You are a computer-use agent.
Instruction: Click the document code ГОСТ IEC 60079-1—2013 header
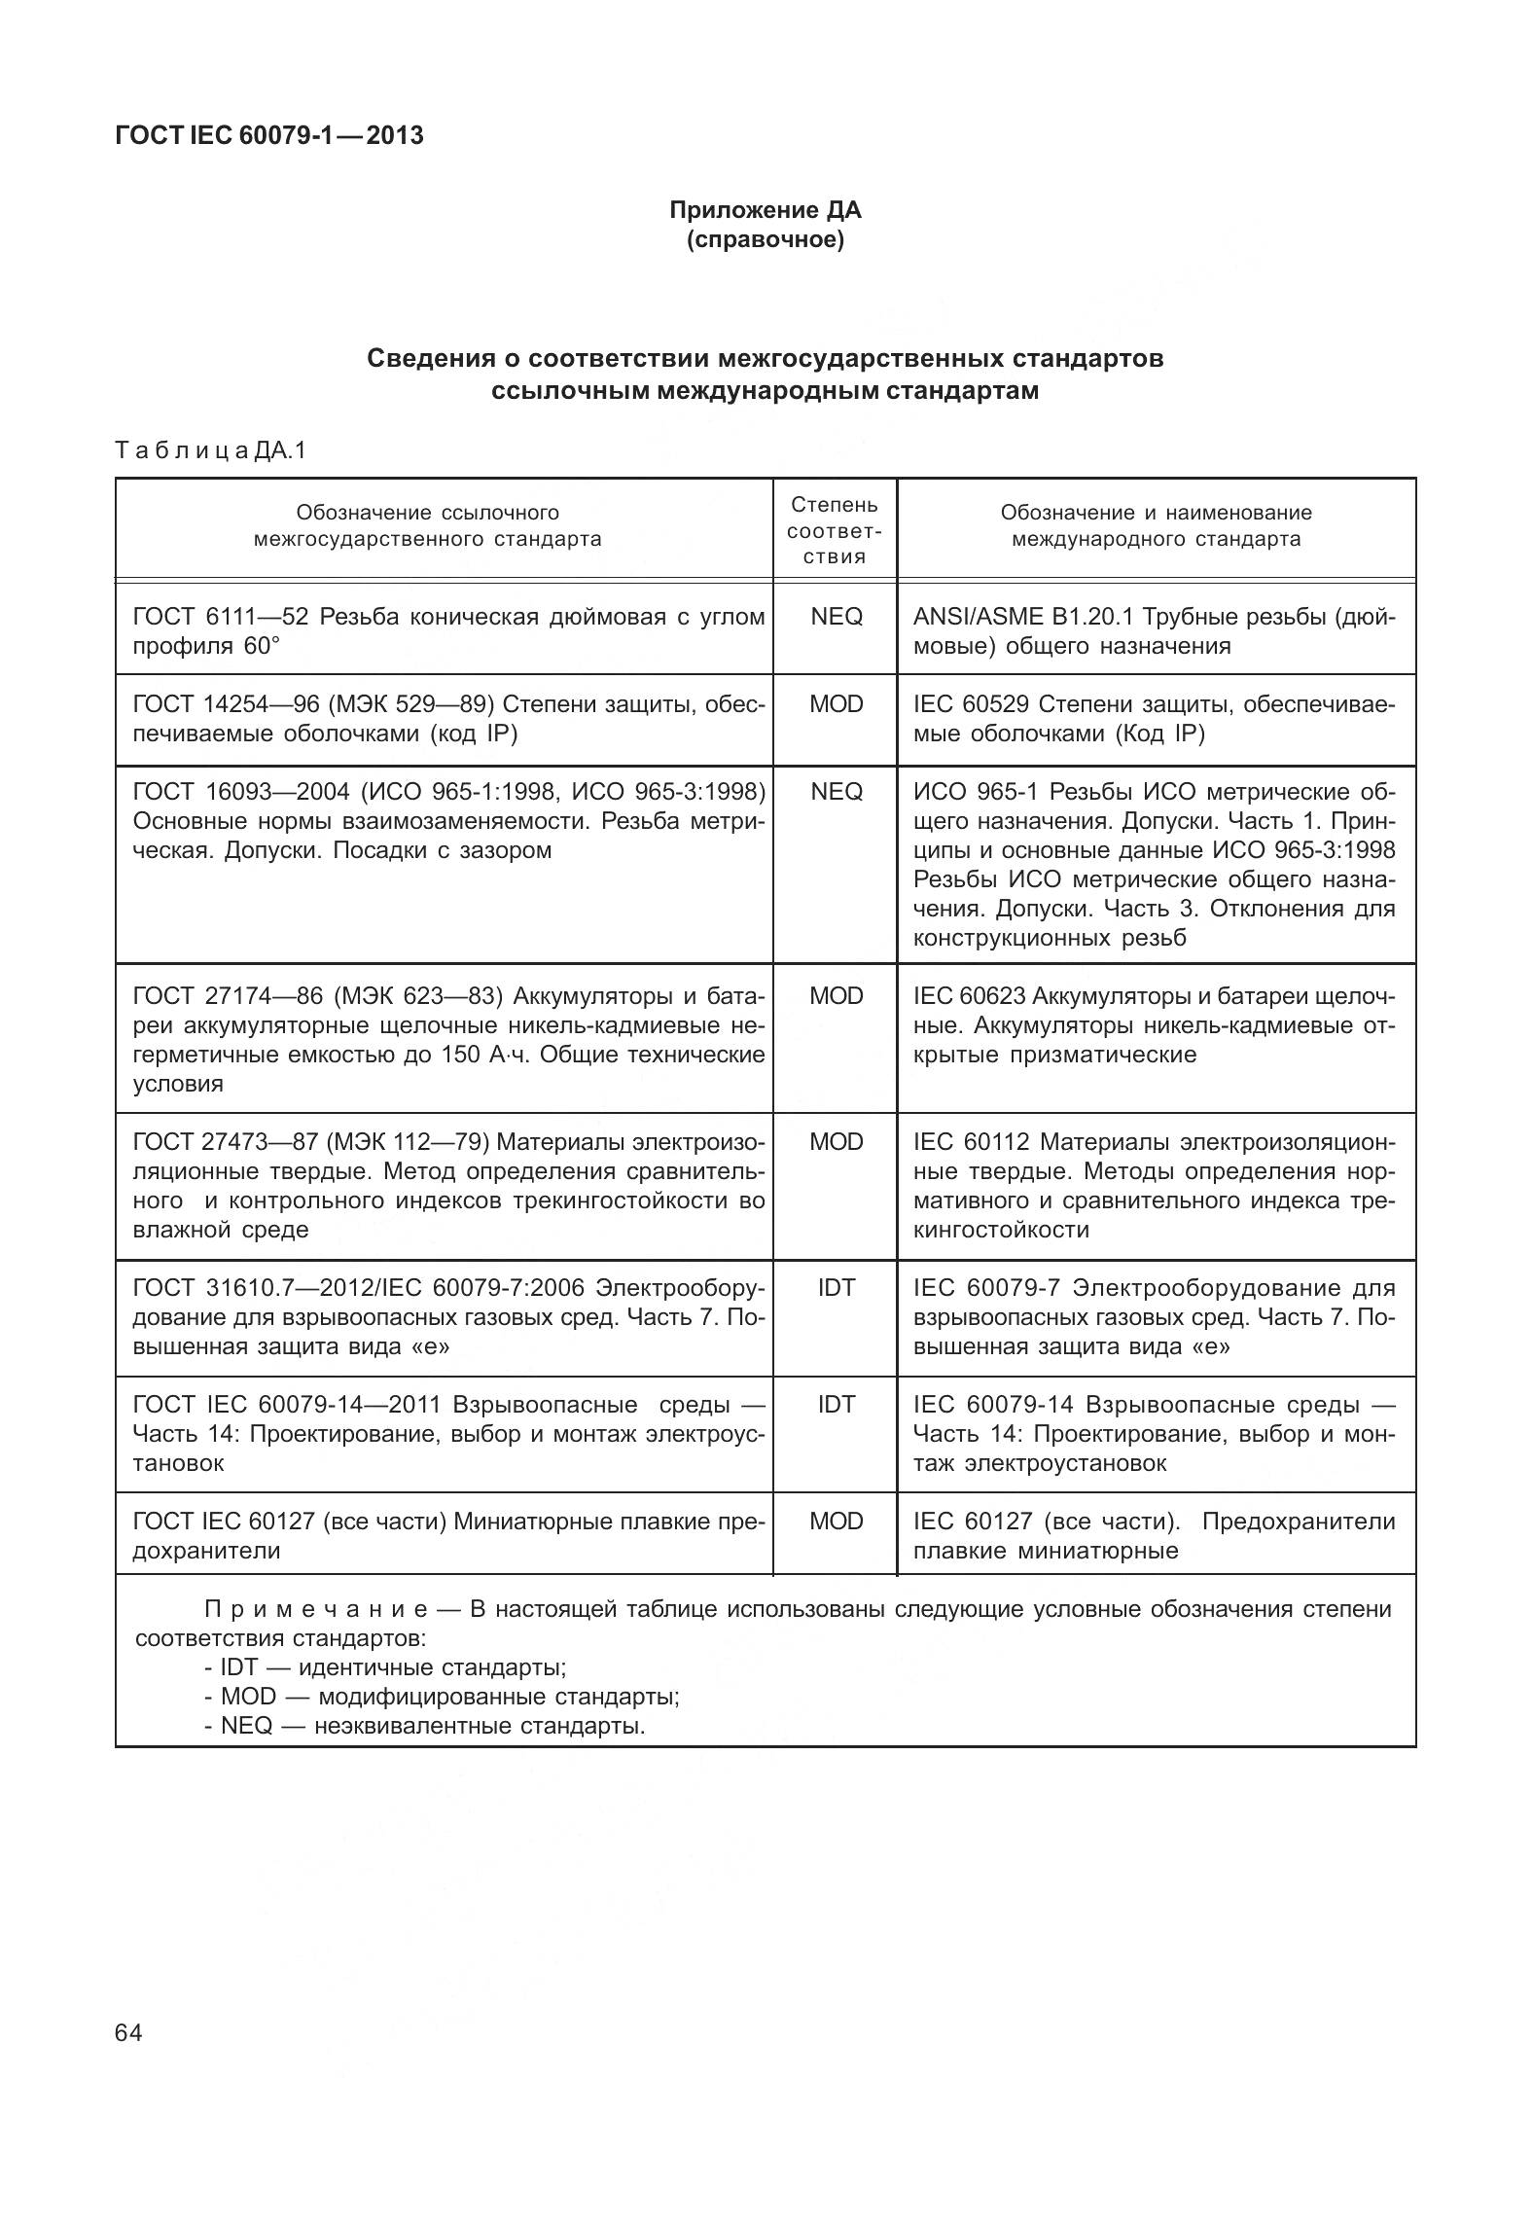coord(269,135)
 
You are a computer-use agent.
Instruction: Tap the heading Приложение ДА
coord(765,210)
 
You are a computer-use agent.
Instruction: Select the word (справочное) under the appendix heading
coord(765,239)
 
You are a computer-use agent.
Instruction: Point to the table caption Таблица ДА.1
coord(210,450)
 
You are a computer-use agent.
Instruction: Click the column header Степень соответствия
coord(835,530)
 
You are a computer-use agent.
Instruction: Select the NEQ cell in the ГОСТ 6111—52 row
coord(836,617)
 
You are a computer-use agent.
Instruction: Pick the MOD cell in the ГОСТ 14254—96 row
coord(836,704)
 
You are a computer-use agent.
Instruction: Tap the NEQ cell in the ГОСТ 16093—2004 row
coord(836,792)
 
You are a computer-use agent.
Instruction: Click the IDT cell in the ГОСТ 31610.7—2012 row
coord(836,1288)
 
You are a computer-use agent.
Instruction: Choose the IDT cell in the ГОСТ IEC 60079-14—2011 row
coord(836,1405)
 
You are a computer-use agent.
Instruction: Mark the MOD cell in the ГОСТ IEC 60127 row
coord(836,1522)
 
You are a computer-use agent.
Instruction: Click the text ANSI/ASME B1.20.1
coord(1023,617)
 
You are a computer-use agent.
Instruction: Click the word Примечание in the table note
coord(331,1609)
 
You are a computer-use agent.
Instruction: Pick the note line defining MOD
coord(443,1697)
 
